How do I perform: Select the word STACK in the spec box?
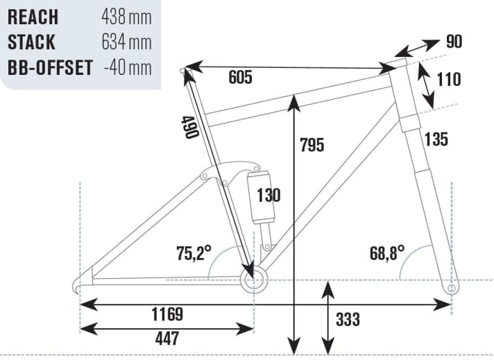[31, 42]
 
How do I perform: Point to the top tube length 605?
[240, 77]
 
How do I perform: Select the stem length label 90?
[454, 42]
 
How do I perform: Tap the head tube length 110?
[449, 80]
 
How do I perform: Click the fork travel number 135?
[436, 139]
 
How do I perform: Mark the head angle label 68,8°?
[387, 252]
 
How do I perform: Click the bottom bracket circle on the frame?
[253, 280]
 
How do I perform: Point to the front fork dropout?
[452, 286]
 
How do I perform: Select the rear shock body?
[261, 198]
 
